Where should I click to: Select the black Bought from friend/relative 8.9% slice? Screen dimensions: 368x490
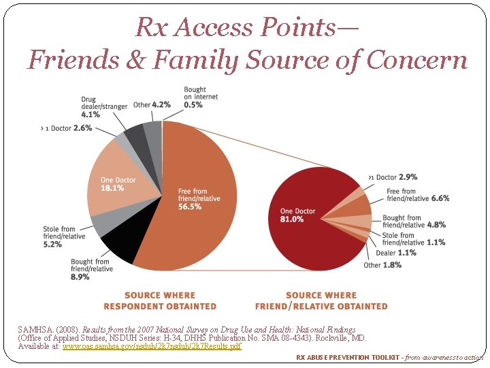(x=118, y=248)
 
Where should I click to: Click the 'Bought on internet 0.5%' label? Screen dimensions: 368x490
(x=195, y=97)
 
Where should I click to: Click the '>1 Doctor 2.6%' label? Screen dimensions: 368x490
(x=67, y=127)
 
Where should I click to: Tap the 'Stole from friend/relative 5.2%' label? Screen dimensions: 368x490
(x=59, y=236)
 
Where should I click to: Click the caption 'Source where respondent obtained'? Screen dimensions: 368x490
(x=160, y=301)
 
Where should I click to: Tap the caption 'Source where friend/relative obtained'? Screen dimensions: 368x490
(x=321, y=301)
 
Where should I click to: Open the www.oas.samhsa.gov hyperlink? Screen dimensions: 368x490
(x=152, y=347)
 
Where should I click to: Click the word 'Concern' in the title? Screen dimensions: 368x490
(x=417, y=60)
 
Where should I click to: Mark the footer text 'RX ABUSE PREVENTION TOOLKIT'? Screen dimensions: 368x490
(x=342, y=357)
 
